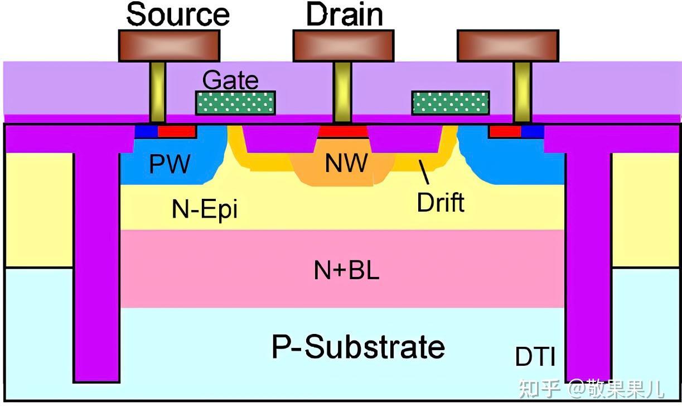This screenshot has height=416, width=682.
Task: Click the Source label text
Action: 178,15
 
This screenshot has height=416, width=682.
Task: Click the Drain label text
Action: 345,15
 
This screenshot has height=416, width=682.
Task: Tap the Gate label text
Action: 230,80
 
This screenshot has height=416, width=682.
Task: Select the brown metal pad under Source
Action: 169,46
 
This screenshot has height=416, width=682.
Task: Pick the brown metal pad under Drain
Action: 344,46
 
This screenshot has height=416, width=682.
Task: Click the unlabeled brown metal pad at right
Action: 508,46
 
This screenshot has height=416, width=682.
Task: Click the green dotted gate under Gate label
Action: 235,103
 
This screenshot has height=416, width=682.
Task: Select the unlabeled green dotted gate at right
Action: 451,103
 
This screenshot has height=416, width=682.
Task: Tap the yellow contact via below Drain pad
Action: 342,92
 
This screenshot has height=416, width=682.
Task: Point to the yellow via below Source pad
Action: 157,92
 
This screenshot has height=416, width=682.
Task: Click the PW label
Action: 170,164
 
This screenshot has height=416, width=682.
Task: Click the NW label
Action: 346,163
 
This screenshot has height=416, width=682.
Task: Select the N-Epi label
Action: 205,209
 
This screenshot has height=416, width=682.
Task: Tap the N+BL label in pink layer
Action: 346,270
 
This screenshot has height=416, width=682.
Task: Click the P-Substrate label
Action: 359,347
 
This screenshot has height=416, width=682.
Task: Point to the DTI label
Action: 535,357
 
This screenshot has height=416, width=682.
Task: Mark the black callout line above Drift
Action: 424,172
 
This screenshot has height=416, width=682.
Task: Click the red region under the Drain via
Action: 342,131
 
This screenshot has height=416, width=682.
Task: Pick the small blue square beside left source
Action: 147,131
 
